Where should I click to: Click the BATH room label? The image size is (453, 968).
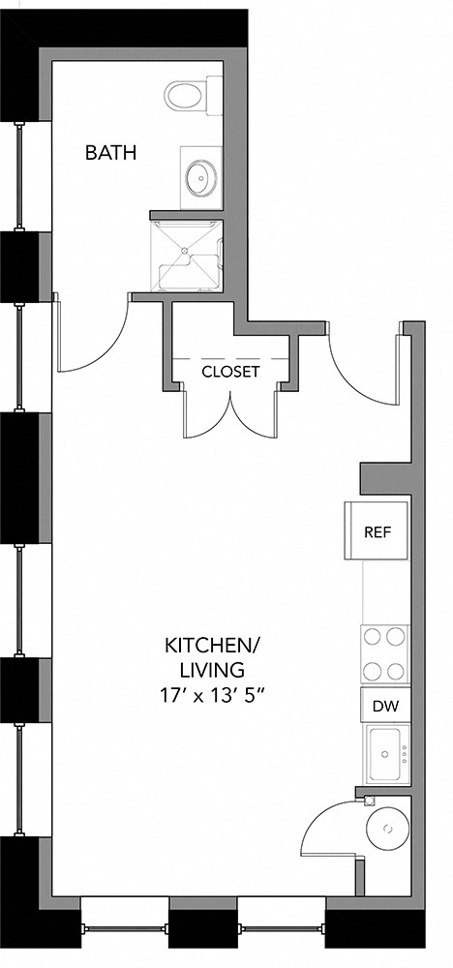(110, 152)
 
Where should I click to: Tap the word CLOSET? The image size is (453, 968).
(230, 371)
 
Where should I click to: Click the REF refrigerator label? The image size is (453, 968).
(377, 531)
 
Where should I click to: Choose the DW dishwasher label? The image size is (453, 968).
(384, 706)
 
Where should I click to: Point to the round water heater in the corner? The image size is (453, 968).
(389, 829)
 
